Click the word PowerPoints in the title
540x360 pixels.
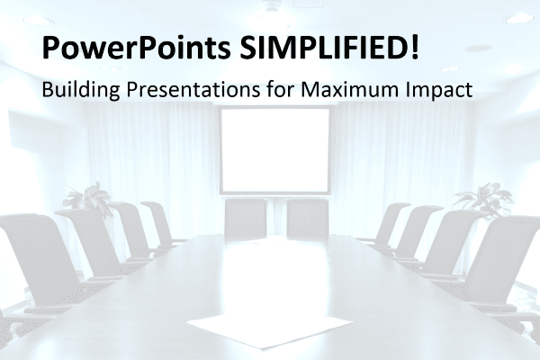click(x=137, y=48)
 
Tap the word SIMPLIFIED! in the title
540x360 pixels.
click(x=329, y=47)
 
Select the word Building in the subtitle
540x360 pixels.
click(x=81, y=90)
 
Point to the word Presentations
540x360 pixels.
click(x=193, y=90)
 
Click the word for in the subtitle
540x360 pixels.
click(x=280, y=89)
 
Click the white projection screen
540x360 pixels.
click(x=275, y=151)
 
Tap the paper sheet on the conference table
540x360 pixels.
click(x=270, y=330)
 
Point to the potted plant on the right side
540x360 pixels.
click(x=485, y=200)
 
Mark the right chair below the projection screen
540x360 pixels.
click(x=308, y=219)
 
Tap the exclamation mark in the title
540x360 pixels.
click(x=415, y=47)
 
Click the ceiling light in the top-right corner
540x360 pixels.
click(x=520, y=18)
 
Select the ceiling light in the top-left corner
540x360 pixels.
click(x=38, y=21)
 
